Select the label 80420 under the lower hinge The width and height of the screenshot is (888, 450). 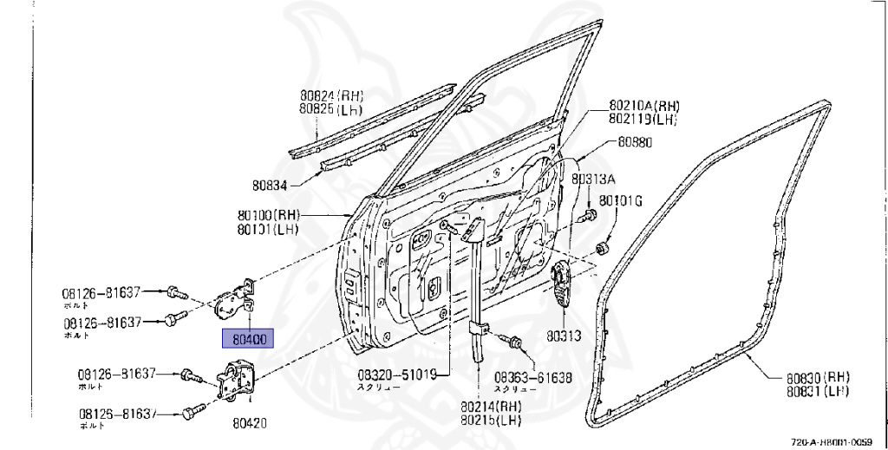click(x=249, y=423)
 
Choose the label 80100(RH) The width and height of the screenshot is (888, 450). click(x=268, y=214)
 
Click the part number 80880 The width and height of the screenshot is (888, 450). click(x=636, y=141)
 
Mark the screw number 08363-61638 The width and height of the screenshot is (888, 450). click(x=533, y=377)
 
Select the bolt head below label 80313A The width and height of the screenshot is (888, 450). click(x=591, y=213)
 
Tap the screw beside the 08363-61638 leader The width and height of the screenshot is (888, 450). click(x=515, y=342)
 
